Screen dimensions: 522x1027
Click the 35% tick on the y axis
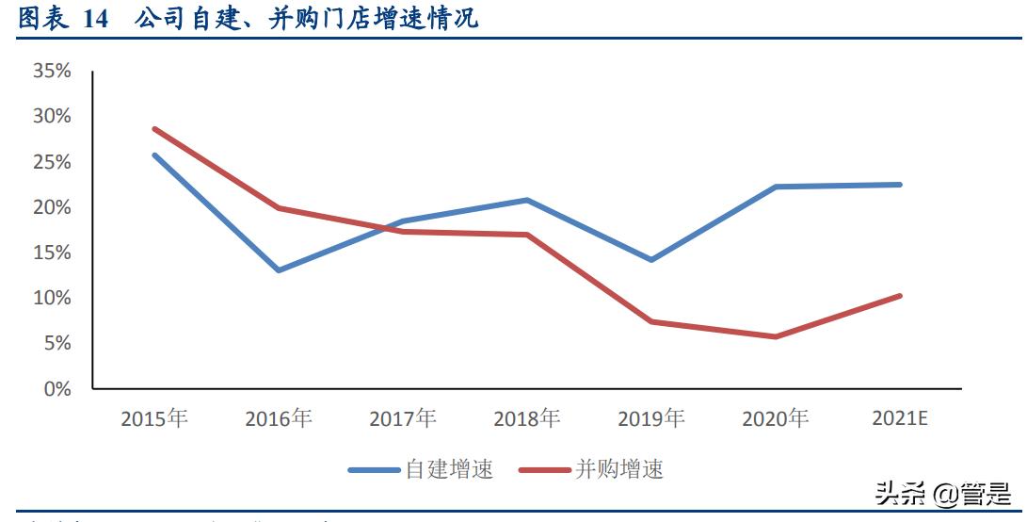pos(52,71)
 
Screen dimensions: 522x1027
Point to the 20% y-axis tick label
pos(52,207)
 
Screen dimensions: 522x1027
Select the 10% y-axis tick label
pos(52,298)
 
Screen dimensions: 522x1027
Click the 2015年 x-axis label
pos(154,418)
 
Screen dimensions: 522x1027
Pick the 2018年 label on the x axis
pos(527,418)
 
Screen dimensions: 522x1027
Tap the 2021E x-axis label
pos(900,418)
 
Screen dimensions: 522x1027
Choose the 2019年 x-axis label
pos(651,418)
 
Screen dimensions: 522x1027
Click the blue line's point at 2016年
pos(279,270)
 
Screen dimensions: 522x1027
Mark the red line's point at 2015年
pos(154,129)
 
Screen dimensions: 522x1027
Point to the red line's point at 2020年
pos(776,336)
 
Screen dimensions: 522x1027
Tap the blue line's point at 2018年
pos(527,200)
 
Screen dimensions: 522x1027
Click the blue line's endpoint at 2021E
pos(900,185)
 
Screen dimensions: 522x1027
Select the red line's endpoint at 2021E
pos(900,296)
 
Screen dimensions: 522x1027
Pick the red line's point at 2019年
pos(651,321)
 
